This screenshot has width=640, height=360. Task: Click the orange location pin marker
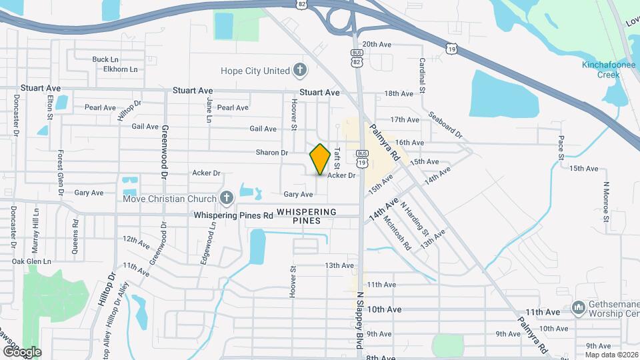click(320, 159)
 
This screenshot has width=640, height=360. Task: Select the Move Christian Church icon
click(227, 198)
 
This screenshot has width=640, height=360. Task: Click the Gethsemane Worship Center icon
click(578, 308)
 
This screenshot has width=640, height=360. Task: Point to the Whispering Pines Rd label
click(233, 215)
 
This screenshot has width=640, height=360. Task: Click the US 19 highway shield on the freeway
click(453, 49)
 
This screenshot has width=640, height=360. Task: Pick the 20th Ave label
click(377, 44)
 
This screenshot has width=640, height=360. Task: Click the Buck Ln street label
click(105, 59)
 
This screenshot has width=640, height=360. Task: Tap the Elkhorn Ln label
click(120, 69)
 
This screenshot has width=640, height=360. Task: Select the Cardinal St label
click(422, 71)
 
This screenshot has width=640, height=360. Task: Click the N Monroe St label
click(606, 202)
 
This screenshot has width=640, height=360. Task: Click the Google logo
click(22, 351)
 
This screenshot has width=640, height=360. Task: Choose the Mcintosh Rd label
click(398, 232)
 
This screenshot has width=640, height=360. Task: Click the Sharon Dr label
click(271, 153)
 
